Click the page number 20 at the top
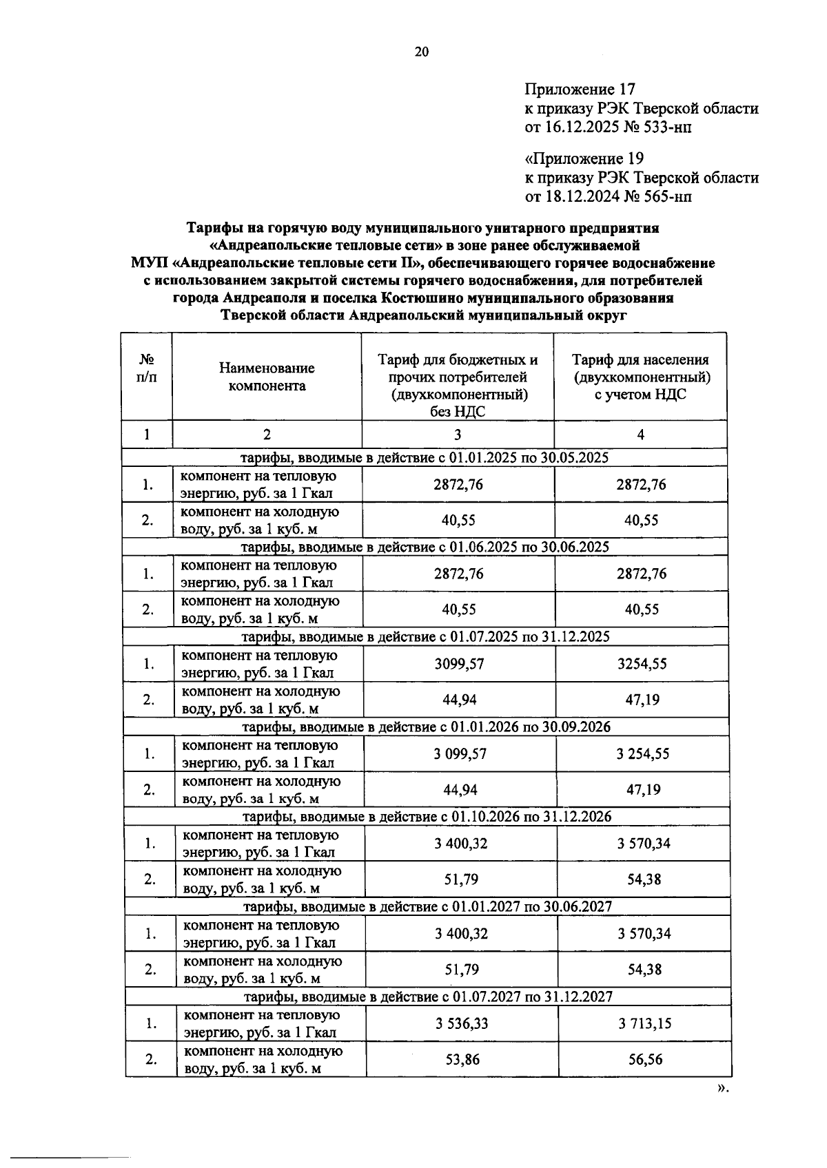422,52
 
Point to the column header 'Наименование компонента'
267,377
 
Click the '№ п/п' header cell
146,368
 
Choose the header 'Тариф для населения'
640,359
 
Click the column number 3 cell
458,435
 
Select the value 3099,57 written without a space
459,664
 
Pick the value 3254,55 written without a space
642,664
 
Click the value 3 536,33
461,1023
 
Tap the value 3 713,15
644,1023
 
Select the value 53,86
462,1059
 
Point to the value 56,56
645,1059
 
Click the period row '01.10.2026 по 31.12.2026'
428,817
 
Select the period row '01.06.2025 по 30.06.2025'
425,547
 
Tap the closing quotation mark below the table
722,1089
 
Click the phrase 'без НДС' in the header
458,412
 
